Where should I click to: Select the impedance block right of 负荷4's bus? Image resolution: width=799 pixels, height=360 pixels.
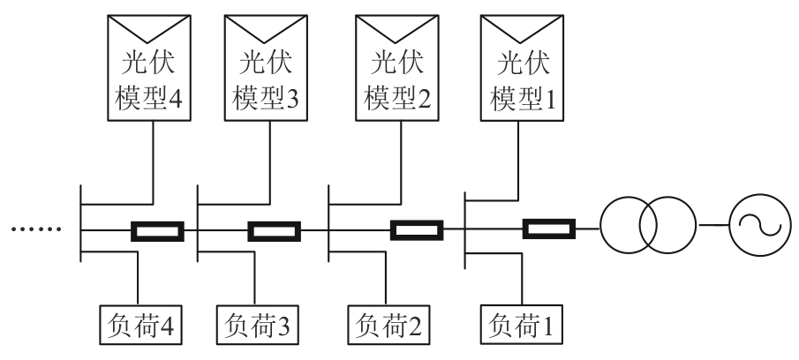(x=158, y=232)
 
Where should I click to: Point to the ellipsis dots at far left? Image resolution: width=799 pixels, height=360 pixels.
(x=35, y=231)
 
